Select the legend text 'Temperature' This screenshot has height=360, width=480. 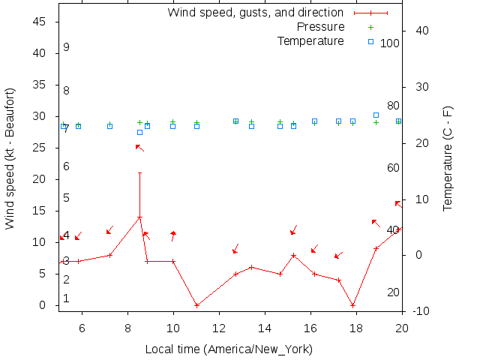click(x=310, y=40)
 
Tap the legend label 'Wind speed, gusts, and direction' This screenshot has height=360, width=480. click(x=255, y=13)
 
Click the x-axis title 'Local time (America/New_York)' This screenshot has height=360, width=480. click(x=229, y=349)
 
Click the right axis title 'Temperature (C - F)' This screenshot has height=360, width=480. click(x=448, y=158)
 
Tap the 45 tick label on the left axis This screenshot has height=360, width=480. click(x=40, y=22)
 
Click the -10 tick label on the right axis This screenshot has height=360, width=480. click(x=420, y=310)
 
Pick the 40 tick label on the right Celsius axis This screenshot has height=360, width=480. click(x=421, y=31)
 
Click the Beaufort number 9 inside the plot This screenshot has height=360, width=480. click(x=66, y=47)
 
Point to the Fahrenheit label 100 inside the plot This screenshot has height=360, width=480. click(x=390, y=43)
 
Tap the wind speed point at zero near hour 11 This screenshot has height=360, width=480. click(x=196, y=305)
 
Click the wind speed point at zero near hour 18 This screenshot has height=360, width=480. click(x=352, y=305)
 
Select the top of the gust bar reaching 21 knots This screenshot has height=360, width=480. click(x=139, y=173)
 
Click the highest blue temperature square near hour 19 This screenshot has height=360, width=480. click(x=376, y=115)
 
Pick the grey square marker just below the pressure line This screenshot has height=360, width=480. click(x=139, y=133)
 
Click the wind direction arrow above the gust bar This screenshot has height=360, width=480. click(x=139, y=148)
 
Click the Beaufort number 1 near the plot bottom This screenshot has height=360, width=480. click(x=66, y=298)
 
